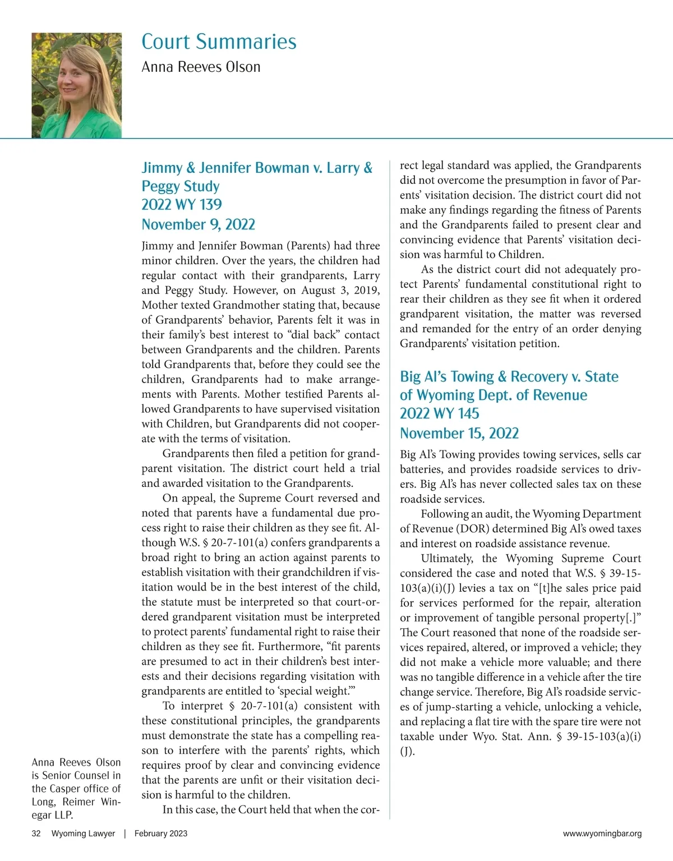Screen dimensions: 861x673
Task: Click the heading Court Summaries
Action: (x=219, y=42)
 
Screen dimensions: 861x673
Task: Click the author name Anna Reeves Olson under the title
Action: (x=201, y=67)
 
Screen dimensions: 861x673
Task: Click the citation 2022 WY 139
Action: (x=182, y=205)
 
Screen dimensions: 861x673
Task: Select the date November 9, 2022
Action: (x=198, y=224)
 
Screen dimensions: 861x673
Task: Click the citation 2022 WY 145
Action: (x=440, y=413)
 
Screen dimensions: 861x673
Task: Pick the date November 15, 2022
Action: (x=459, y=433)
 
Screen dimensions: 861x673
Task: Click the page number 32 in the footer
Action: (x=36, y=834)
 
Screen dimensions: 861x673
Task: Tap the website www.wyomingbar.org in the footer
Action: (x=602, y=834)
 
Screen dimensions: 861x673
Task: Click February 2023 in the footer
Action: (x=161, y=834)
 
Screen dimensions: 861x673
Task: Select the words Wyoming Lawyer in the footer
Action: (x=83, y=834)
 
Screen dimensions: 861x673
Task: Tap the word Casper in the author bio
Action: (x=65, y=789)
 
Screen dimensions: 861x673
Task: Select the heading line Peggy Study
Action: (x=181, y=186)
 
